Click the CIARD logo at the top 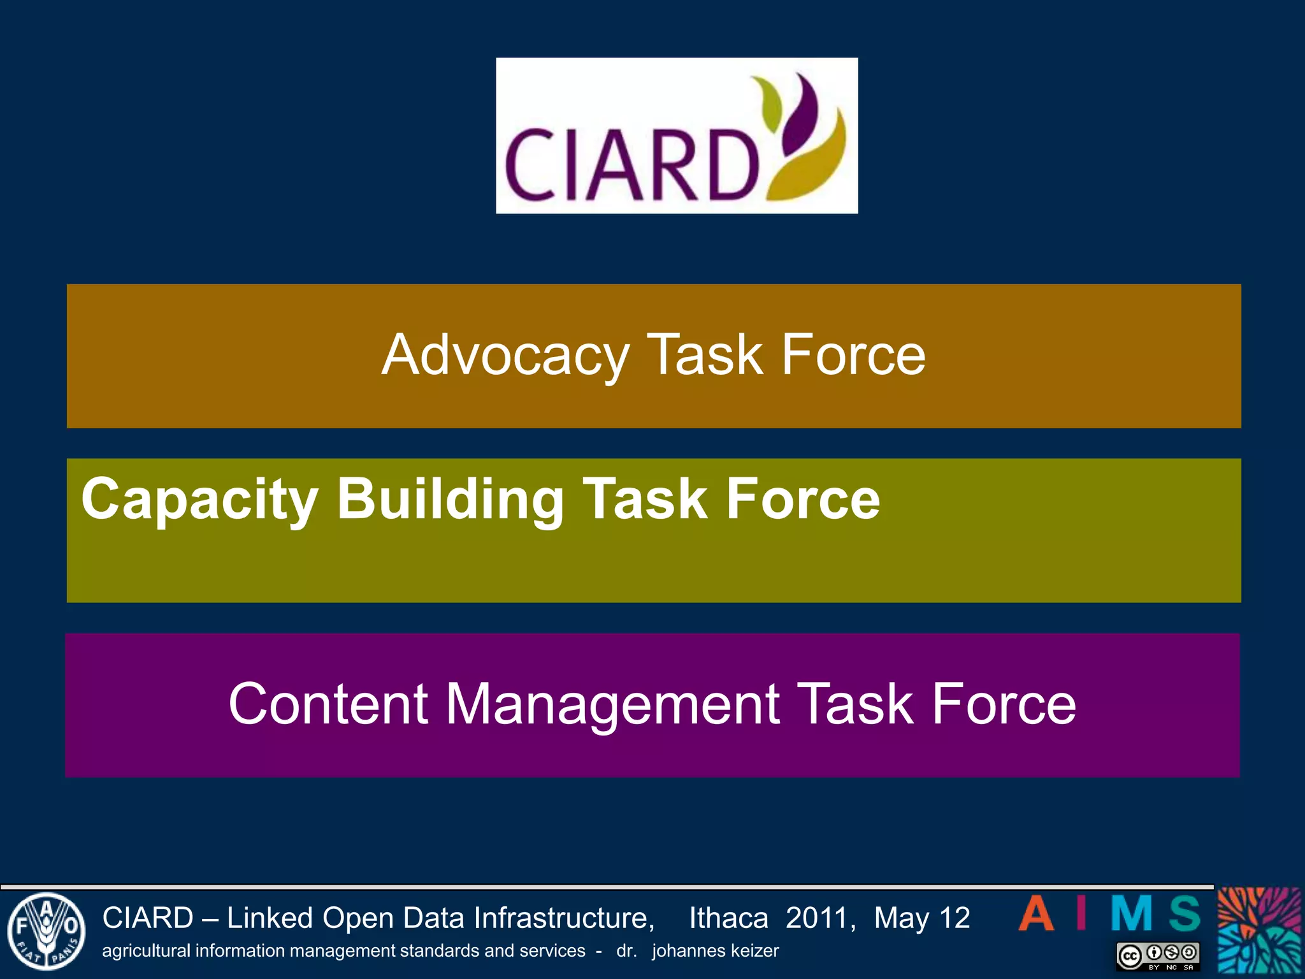tap(677, 136)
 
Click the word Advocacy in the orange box tap(505, 356)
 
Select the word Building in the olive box tap(450, 499)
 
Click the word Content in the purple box tap(328, 704)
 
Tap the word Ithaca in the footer tap(728, 918)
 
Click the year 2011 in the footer tap(819, 918)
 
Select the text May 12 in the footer tap(921, 918)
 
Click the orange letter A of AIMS tap(1036, 913)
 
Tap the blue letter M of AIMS tap(1132, 913)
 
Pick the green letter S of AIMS tap(1185, 913)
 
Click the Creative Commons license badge tap(1158, 956)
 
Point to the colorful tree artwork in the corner tap(1259, 931)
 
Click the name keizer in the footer tap(755, 951)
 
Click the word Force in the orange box tap(853, 356)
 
